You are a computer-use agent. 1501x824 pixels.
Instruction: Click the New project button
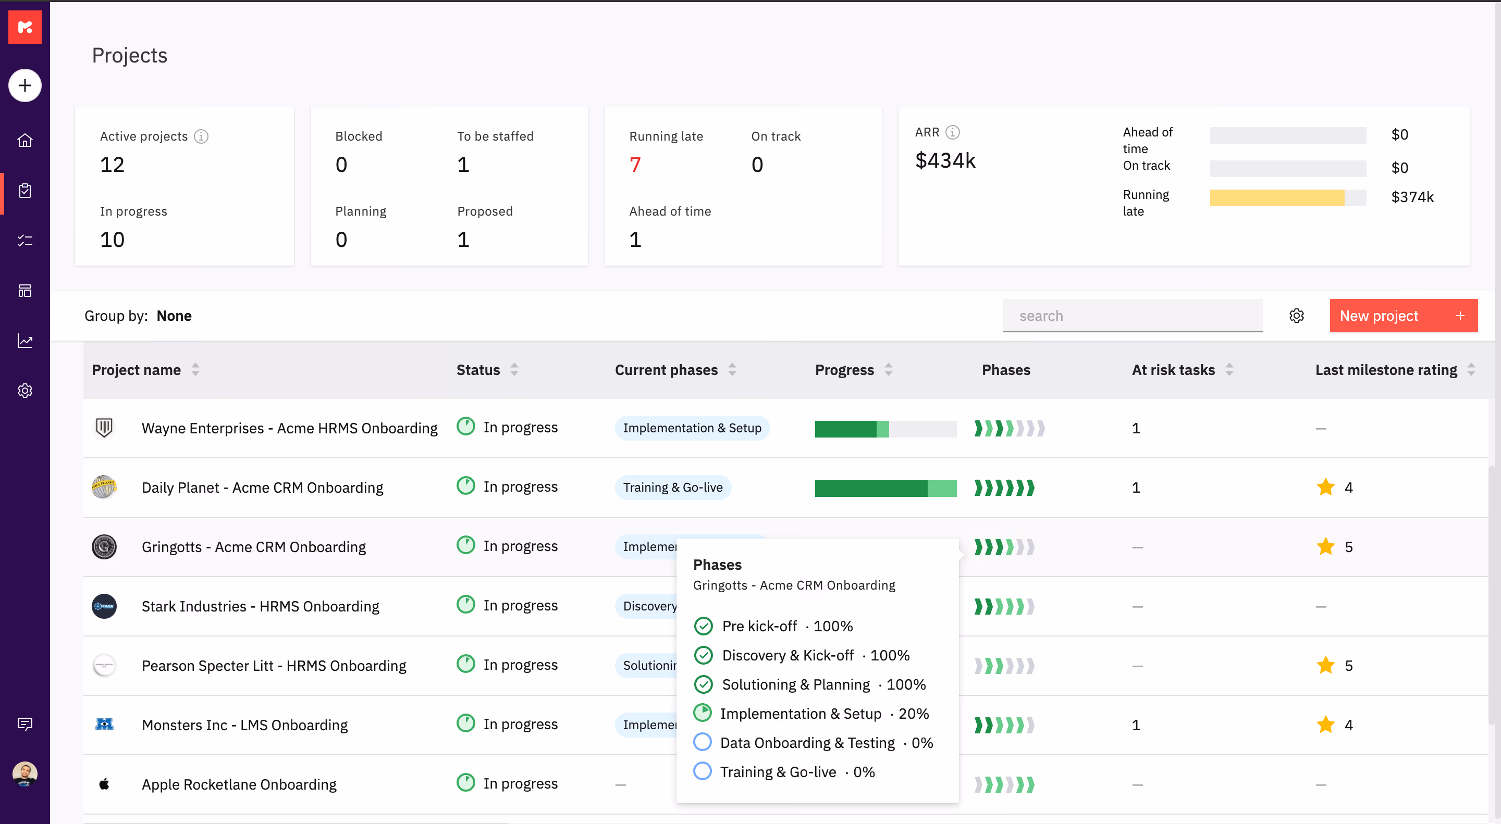[x=1403, y=316]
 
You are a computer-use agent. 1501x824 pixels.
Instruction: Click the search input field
[x=1132, y=316]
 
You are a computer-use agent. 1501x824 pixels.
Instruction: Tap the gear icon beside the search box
[x=1297, y=316]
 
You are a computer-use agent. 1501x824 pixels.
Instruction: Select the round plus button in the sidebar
[x=25, y=85]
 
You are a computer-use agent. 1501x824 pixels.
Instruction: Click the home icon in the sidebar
[x=25, y=140]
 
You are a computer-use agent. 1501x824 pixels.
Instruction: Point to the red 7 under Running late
[x=635, y=165]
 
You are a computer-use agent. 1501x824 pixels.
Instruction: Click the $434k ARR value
[x=945, y=160]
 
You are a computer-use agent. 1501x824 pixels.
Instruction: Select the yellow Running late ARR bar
[x=1277, y=198]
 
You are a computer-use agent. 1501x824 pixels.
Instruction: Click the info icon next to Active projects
[x=201, y=136]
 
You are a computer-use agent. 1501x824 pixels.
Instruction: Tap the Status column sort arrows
[x=514, y=370]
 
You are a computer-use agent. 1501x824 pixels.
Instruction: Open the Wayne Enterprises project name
[x=290, y=428]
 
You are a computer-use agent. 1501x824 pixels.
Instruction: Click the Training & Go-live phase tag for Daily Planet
[x=673, y=488]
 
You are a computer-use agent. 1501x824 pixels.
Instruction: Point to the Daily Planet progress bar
[x=885, y=488]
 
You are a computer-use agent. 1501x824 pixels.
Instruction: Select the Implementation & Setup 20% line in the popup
[x=811, y=714]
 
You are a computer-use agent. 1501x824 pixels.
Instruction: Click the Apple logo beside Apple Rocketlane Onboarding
[x=104, y=784]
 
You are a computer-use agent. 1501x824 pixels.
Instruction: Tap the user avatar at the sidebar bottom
[x=25, y=774]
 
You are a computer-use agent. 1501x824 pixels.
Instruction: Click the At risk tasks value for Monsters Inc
[x=1136, y=725]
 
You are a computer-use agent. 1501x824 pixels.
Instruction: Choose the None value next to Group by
[x=174, y=316]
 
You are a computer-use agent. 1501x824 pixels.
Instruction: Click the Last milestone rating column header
[x=1386, y=370]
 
